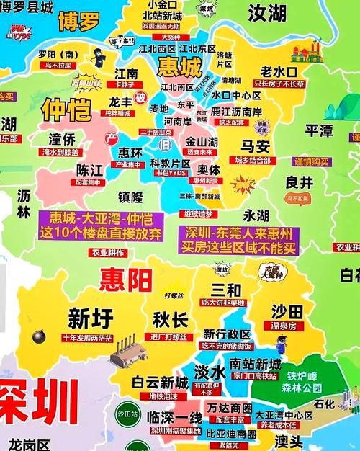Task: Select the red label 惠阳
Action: (x=127, y=277)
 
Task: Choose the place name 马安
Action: (x=255, y=147)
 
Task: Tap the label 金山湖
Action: (x=201, y=141)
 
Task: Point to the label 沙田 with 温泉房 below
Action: (x=286, y=311)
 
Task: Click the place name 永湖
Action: (x=256, y=215)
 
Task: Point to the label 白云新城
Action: (x=160, y=382)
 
